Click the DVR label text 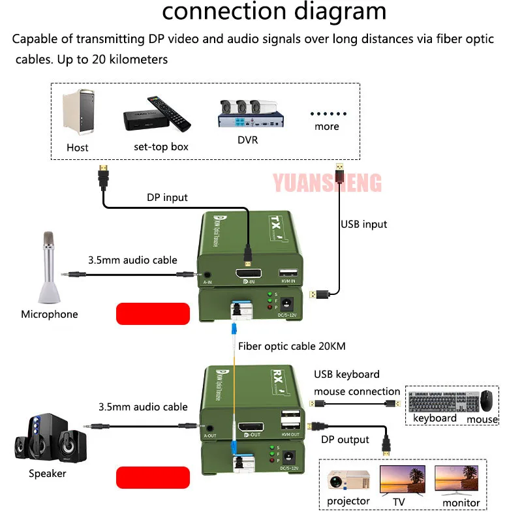click(247, 139)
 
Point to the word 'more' click(326, 127)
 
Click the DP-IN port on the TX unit click(249, 273)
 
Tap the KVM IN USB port click(288, 273)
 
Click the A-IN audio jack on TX click(207, 276)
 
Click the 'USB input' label click(363, 224)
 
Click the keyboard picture click(442, 401)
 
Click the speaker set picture click(49, 438)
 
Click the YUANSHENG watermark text click(327, 183)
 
